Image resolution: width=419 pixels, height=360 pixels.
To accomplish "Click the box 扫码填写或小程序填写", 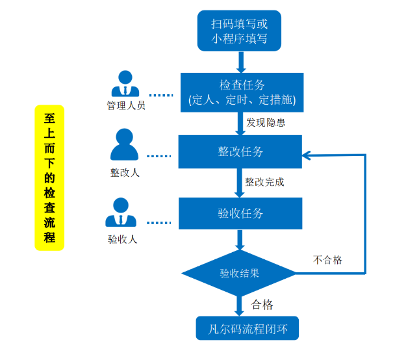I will [239, 31].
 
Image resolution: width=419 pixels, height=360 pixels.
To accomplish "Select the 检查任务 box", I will [241, 92].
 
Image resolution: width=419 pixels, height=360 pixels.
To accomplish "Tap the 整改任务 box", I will [240, 151].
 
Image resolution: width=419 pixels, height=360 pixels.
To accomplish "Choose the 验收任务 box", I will [240, 213].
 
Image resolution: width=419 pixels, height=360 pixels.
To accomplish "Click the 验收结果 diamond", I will [240, 273].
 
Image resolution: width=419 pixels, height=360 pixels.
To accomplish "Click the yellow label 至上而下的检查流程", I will [49, 177].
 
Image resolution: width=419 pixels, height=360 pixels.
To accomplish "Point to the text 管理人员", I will [126, 105].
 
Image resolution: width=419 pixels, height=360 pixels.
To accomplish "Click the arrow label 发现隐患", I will [266, 122].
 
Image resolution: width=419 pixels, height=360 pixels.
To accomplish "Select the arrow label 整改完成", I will [264, 182].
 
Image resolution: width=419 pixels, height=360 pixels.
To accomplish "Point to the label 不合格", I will [327, 260].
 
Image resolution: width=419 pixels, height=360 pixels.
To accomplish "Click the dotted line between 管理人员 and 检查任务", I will [160, 95].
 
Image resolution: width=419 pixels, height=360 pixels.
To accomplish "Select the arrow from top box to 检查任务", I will [241, 62].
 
